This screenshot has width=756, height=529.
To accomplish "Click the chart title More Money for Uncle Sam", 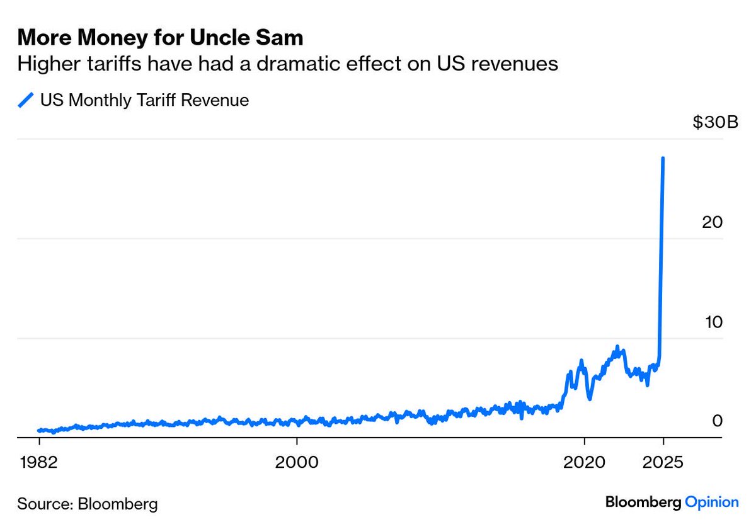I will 160,38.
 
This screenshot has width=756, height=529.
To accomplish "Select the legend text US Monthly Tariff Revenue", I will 144,100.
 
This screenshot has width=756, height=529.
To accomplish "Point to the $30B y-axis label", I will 715,123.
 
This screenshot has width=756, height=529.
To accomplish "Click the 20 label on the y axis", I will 714,222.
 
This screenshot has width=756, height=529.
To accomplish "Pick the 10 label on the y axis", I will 714,322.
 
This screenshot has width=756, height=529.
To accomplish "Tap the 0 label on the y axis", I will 717,421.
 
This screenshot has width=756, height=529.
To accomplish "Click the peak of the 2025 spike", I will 663,158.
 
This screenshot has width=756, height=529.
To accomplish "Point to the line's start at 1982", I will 39,430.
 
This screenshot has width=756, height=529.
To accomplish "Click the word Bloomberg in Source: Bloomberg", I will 117,504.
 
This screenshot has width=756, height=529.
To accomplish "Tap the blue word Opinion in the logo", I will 711,503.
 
